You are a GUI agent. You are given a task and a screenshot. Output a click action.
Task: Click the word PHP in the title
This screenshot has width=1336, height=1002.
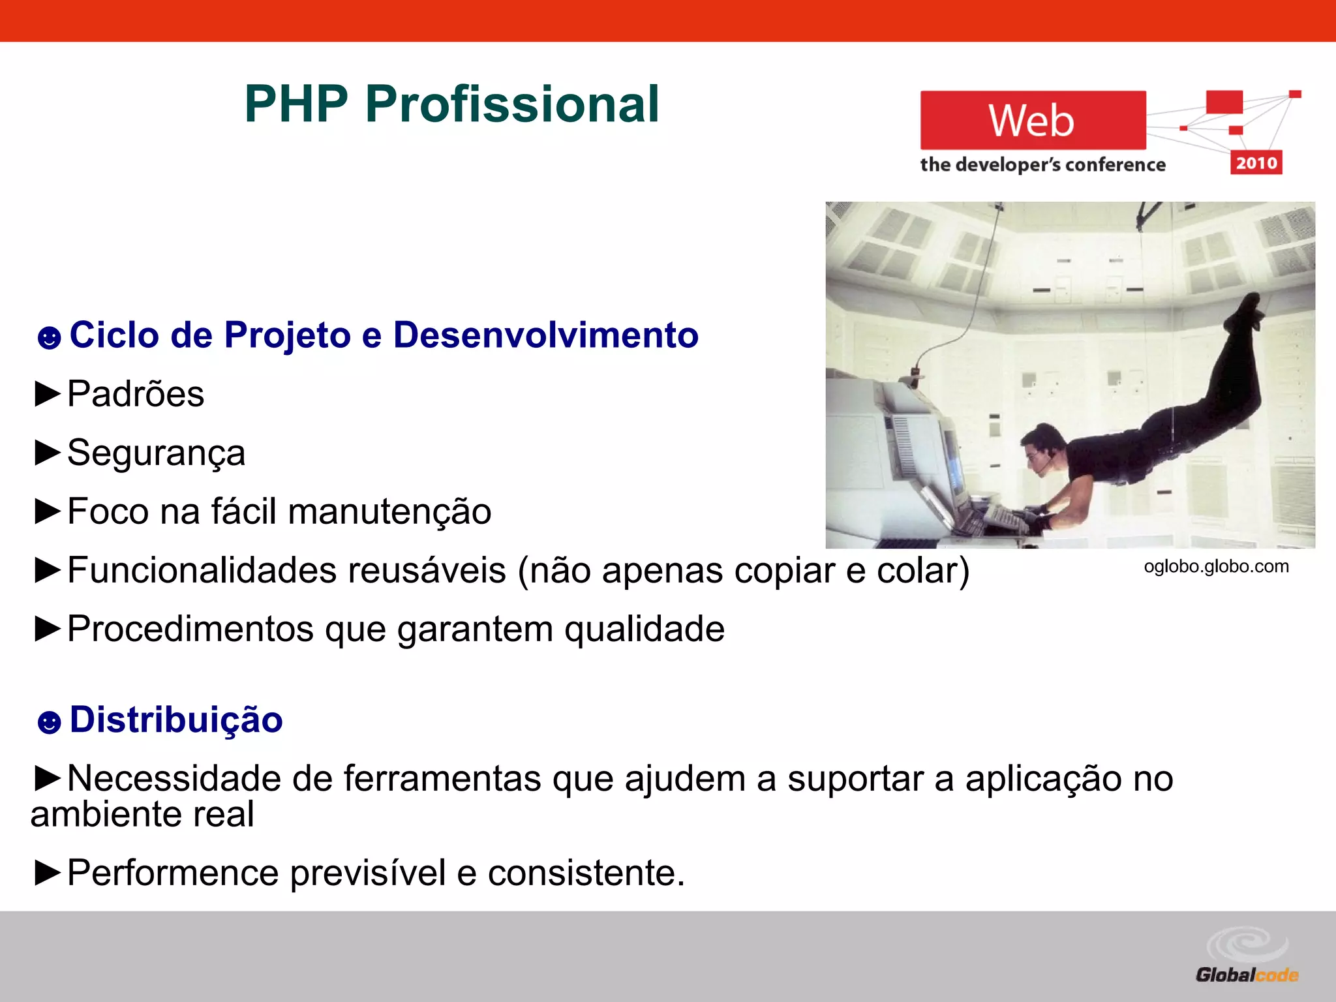(x=296, y=104)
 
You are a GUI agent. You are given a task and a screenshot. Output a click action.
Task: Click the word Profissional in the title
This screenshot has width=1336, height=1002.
(x=512, y=104)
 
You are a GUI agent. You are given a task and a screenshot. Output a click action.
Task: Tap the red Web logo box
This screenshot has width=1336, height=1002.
(x=1032, y=121)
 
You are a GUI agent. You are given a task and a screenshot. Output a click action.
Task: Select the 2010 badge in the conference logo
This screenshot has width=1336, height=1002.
(x=1256, y=162)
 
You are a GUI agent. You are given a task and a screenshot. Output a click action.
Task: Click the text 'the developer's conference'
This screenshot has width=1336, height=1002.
(x=1042, y=165)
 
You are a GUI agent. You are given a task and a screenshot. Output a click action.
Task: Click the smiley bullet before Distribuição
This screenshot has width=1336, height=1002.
(x=49, y=722)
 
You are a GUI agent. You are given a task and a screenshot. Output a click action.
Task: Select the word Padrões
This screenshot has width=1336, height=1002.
(x=136, y=394)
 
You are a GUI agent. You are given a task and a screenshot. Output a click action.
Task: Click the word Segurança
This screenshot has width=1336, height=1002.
(x=156, y=453)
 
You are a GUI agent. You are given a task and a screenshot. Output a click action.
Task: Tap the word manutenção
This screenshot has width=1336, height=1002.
(x=389, y=511)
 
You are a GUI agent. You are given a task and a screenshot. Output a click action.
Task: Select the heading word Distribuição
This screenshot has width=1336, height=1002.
(x=176, y=720)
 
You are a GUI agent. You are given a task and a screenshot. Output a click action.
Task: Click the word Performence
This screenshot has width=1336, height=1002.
(x=173, y=873)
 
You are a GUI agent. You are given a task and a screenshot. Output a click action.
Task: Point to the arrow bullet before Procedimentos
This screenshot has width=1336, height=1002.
(x=47, y=629)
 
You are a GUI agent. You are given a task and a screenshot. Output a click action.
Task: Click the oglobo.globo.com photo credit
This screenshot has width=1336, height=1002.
(x=1216, y=566)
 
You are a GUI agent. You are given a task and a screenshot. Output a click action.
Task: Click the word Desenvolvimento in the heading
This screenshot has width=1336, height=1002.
(x=545, y=335)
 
